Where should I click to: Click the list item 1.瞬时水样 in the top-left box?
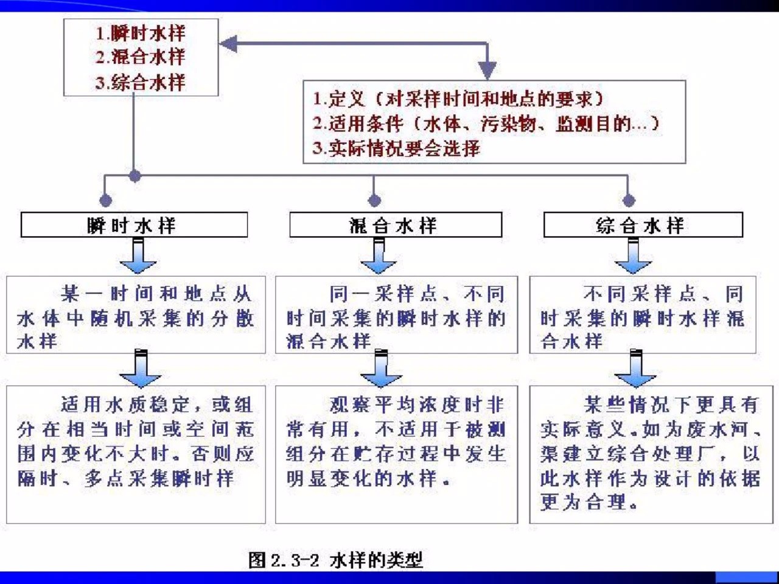pos(141,33)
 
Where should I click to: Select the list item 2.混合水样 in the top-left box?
pos(141,57)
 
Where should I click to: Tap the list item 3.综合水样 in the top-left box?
pos(141,82)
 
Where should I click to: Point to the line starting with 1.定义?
pos(458,99)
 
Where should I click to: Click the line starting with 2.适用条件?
pos(486,123)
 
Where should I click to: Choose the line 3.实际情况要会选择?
pos(396,148)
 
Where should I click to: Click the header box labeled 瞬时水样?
pos(134,225)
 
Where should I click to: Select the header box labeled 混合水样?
pos(395,225)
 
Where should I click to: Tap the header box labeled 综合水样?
pos(643,225)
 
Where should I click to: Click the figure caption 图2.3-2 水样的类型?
pos(335,560)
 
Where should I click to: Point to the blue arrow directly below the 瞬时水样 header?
pos(138,256)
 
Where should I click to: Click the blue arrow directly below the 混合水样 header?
pos(379,256)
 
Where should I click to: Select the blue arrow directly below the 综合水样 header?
pos(633,256)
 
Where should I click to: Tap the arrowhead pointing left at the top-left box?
pos(228,44)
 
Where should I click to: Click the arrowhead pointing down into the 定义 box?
pos(487,69)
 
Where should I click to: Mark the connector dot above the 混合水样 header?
pos(374,200)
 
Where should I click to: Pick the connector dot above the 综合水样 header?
pos(629,200)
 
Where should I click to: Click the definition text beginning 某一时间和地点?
pos(135,317)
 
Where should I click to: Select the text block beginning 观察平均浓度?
pos(396,441)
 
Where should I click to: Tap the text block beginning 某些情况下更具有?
pos(650,453)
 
